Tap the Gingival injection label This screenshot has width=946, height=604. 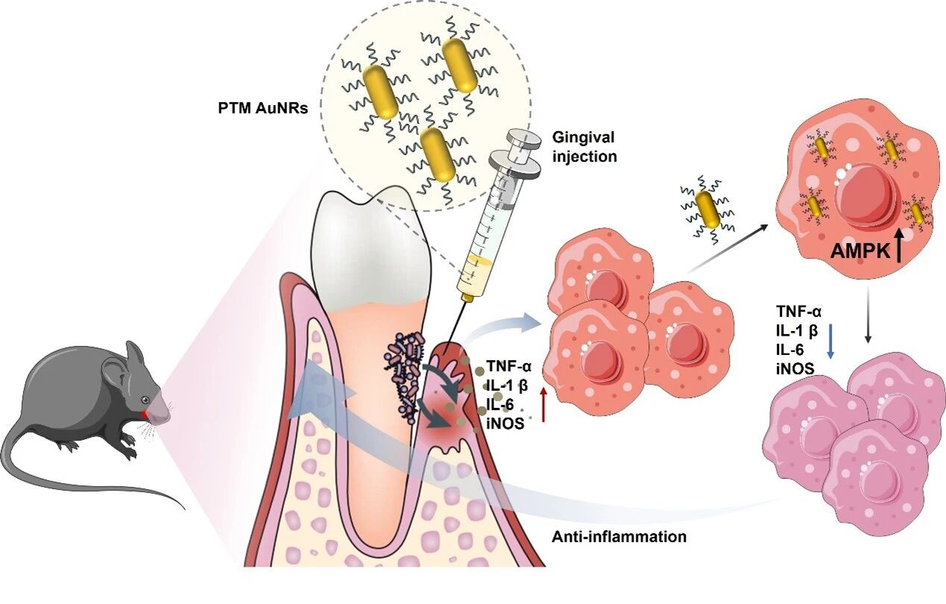pos(584,147)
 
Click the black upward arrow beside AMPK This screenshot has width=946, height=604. pos(898,245)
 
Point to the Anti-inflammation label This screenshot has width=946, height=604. pos(619,536)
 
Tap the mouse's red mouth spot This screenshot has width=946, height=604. pos(144,412)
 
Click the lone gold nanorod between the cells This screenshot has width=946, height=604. pos(707,210)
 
